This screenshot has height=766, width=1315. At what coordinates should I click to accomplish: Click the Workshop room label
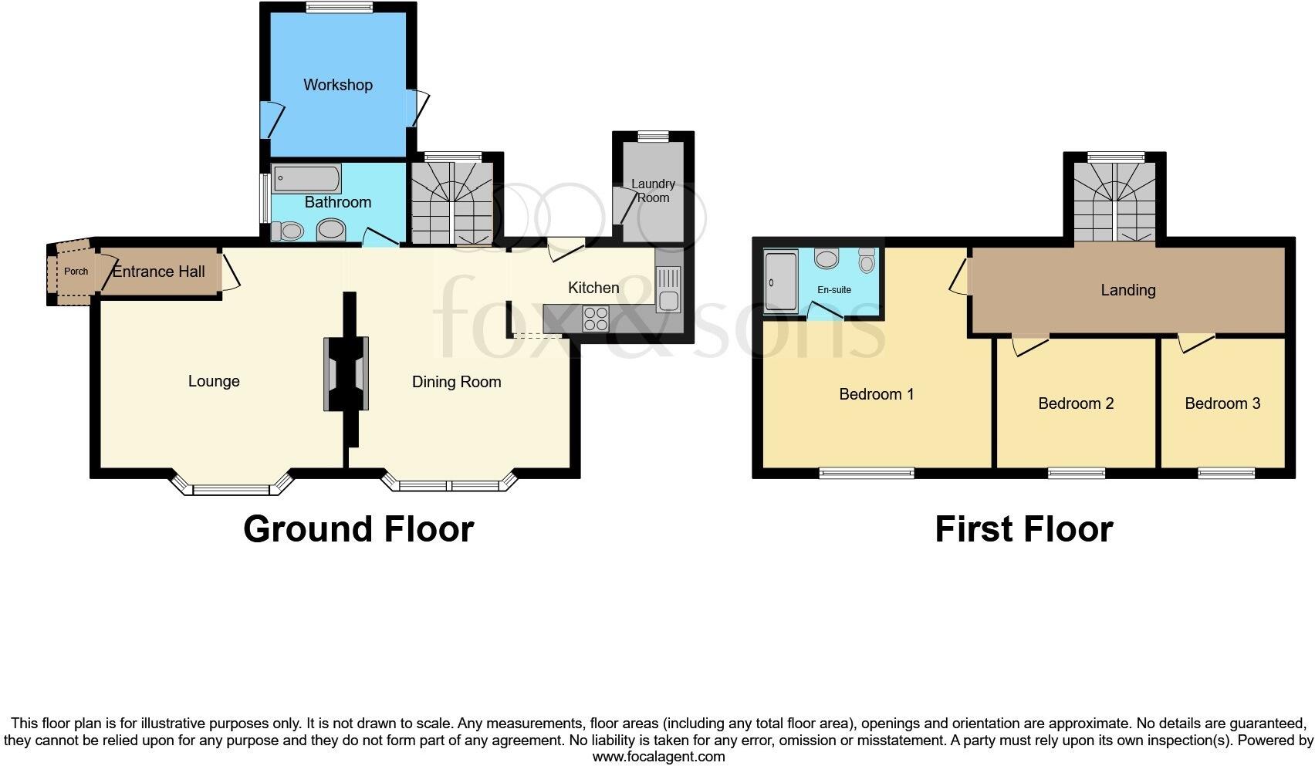pos(337,85)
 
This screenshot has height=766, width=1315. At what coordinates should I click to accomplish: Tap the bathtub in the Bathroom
pos(307,179)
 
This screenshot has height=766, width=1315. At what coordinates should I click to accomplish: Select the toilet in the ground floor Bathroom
pos(286,231)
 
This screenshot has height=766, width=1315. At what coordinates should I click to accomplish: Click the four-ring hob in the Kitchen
pos(596,319)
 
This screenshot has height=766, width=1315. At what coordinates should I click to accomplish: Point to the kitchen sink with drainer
pos(668,289)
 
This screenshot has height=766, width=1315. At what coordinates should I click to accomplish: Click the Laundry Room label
pos(653,191)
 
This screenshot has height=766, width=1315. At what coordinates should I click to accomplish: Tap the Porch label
pos(76,272)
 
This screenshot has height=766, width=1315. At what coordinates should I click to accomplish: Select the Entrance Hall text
pos(159,272)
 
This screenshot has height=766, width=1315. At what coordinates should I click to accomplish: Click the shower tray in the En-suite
pos(781,282)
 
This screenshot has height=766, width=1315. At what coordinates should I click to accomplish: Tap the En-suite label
pos(834,290)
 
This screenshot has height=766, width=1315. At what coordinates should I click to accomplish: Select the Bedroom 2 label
pos(1076,403)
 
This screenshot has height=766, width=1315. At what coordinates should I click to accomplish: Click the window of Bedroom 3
pos(1226,473)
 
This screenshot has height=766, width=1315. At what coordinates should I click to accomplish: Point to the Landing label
pos(1127,290)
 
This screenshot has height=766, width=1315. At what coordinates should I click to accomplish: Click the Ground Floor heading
pos(358,529)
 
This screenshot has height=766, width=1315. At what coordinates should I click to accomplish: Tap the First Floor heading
pos(1023,529)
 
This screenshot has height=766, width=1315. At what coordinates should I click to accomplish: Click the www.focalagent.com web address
pos(658,757)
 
